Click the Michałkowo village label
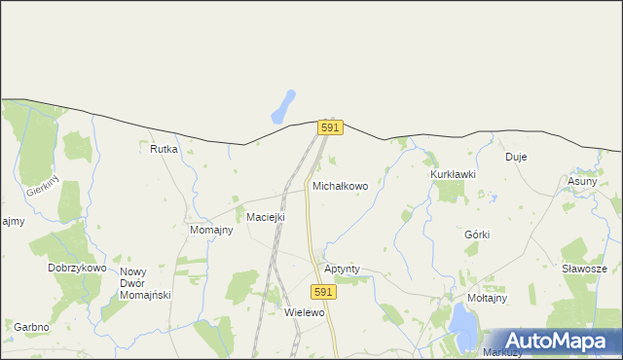pos(340,185)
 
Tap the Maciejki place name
pos(265,217)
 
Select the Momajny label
pos(210,230)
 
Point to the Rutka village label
pos(164,149)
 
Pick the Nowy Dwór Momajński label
pos(145,283)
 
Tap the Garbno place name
pos(31,327)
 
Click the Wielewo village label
pos(304,313)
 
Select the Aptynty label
pos(342,267)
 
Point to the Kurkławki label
pos(453,174)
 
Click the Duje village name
pos(515,157)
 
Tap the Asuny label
pos(582,181)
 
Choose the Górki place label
pos(477,234)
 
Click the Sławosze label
pos(584,269)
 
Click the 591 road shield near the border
pos(330,127)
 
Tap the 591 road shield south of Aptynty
pos(325,291)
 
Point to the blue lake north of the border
pos(283,106)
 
